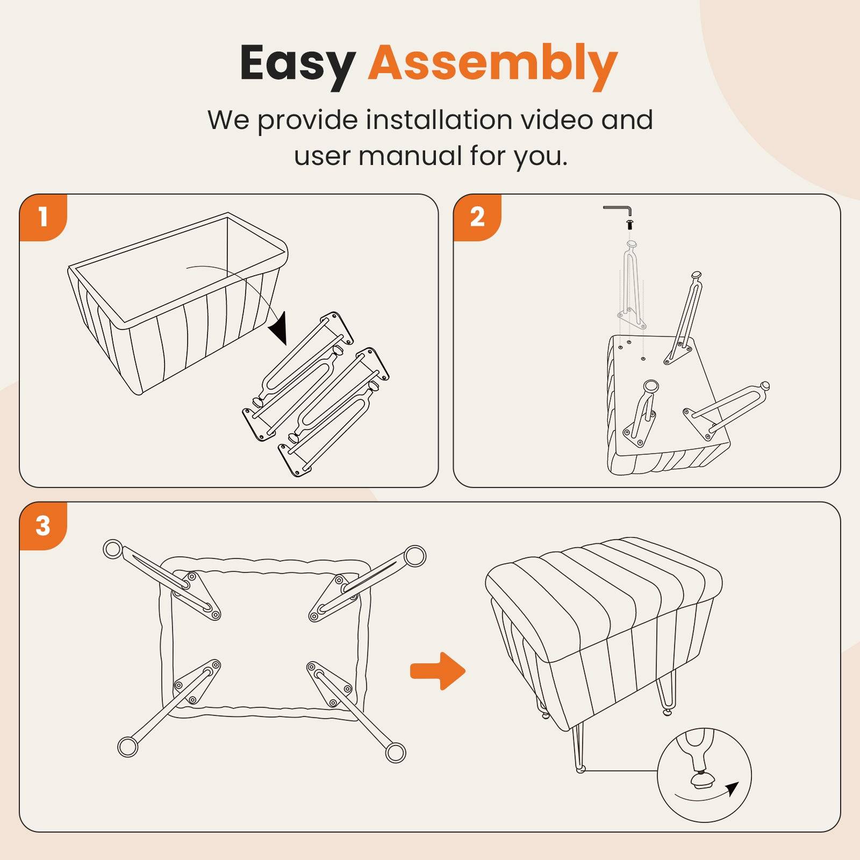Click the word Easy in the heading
pos(297,65)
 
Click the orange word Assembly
pos(493,65)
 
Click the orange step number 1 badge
pos(44,217)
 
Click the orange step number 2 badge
pos(477,217)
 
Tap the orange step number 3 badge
pos(44,526)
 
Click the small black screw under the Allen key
pos(630,224)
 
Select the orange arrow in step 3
pos(438,671)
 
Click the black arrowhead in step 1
pos(279,329)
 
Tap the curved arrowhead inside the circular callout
pos(732,789)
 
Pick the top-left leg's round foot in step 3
pos(113,549)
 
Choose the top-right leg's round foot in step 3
pos(415,556)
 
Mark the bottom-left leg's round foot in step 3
pos(127,747)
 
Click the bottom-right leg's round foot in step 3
pos(396,752)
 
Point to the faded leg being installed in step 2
pos(632,285)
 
